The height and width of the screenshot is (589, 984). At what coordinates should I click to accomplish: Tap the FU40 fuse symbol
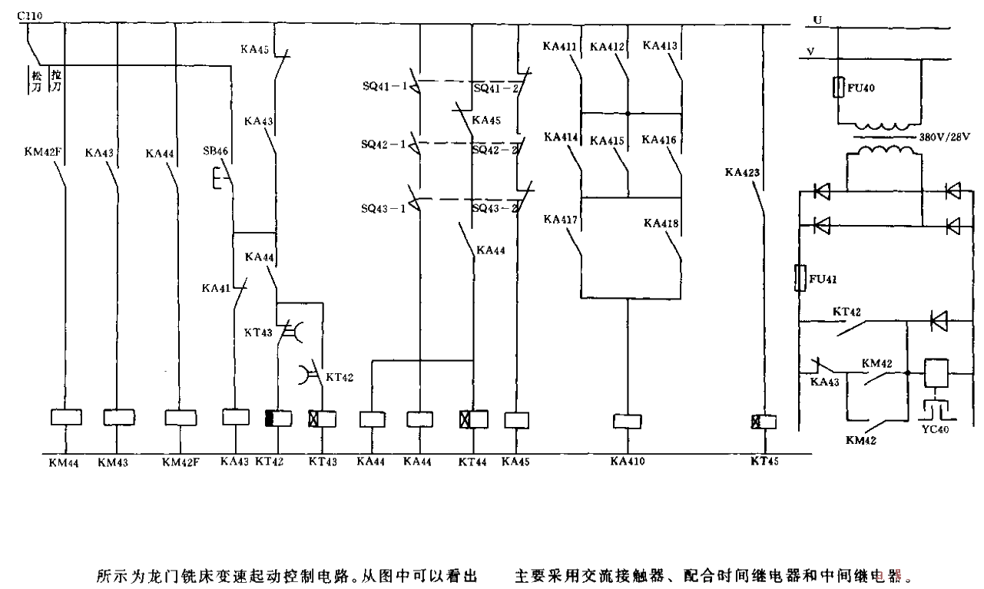point(840,88)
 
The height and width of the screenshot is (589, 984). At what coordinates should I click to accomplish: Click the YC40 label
point(938,429)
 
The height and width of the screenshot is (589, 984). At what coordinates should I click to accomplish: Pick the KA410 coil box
point(629,421)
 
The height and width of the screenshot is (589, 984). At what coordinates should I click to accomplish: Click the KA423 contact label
point(742,173)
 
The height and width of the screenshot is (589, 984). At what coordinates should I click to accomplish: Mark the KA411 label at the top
point(560,46)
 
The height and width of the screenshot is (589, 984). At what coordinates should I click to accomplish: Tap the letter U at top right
point(820,14)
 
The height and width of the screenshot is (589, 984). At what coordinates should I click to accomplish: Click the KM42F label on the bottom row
point(181,463)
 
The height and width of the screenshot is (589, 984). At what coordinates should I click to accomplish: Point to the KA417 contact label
point(560,219)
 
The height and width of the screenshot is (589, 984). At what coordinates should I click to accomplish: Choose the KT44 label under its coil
point(473,463)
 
